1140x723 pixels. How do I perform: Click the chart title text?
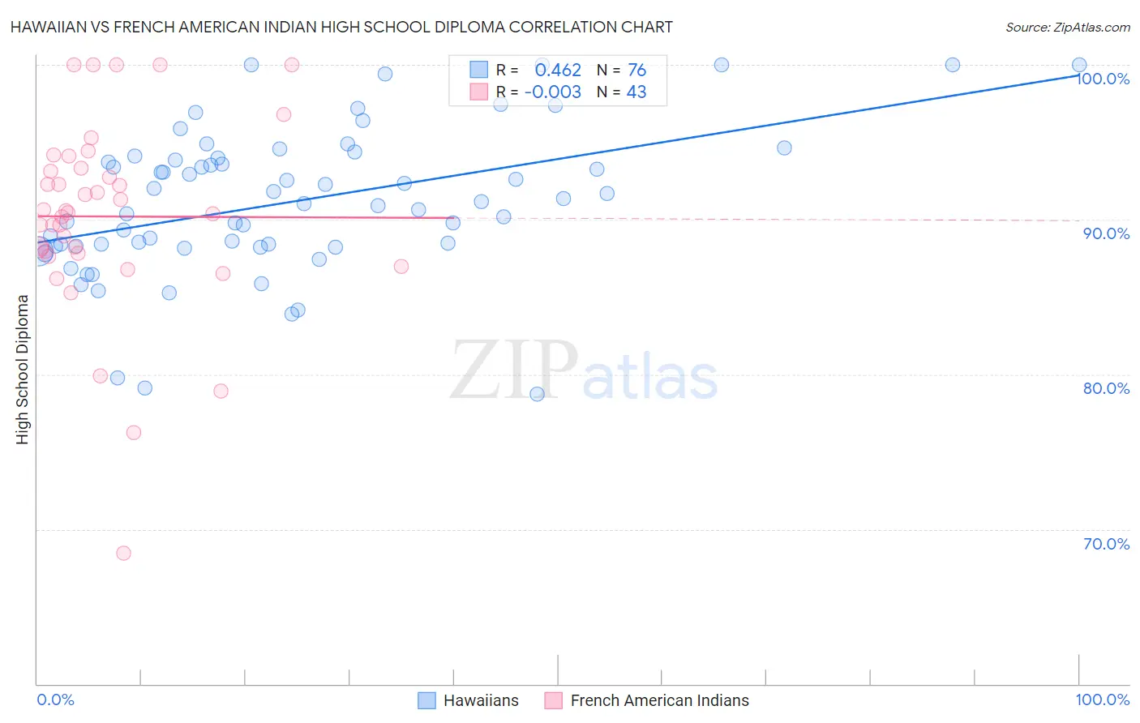[x=341, y=27]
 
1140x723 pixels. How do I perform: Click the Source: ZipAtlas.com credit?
[x=1067, y=27]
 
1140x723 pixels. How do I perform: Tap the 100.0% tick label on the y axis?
[x=1103, y=79]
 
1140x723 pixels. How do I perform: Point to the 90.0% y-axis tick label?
[x=1106, y=233]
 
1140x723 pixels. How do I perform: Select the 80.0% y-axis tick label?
[x=1106, y=388]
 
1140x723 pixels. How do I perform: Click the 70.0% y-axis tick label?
[x=1106, y=544]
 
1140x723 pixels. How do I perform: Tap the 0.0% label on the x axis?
[x=55, y=699]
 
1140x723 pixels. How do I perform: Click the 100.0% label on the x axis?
[x=1102, y=699]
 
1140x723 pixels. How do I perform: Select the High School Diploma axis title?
[x=23, y=369]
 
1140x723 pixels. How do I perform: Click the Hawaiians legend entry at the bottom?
[x=480, y=700]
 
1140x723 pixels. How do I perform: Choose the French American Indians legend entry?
[x=659, y=700]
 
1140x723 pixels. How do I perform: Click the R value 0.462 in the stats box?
[x=558, y=71]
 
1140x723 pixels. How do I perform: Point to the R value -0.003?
[x=553, y=92]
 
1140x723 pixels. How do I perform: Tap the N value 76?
[x=636, y=71]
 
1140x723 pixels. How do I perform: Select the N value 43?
[x=636, y=92]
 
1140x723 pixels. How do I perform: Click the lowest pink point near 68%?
[x=123, y=553]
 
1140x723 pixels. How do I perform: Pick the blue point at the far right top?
[x=1079, y=65]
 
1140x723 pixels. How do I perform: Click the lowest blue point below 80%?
[x=537, y=394]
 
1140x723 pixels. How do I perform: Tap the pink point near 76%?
[x=134, y=433]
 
